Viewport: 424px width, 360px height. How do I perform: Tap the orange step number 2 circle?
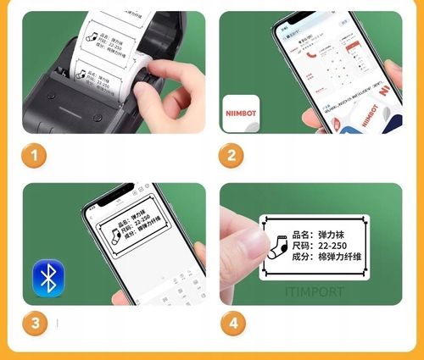click(x=230, y=155)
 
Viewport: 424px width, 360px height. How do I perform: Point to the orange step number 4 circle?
click(x=230, y=323)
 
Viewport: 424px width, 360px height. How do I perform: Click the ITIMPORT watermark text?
click(x=314, y=291)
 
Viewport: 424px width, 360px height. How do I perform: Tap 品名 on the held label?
click(x=302, y=232)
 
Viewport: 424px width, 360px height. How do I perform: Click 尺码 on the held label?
click(x=302, y=245)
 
